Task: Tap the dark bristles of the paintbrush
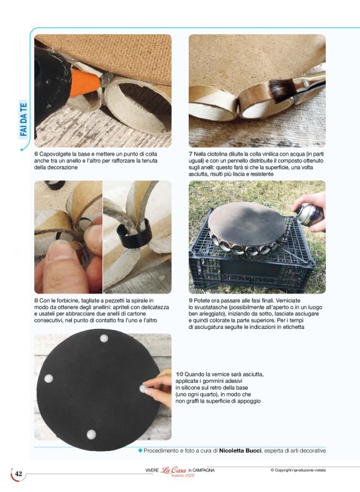pos(281,89)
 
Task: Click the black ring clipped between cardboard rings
pos(134,236)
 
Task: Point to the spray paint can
pos(309,214)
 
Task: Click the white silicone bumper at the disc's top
pos(104,338)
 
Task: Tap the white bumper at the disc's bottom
pos(91,434)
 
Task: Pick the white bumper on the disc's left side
pos(48,378)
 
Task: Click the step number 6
pos(36,154)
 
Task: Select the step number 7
pos(191,154)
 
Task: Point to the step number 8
pos(36,300)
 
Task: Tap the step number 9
pos(191,300)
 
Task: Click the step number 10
pos(179,374)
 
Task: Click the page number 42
pos(19,473)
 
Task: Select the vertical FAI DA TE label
pos(24,120)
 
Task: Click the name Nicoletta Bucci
pos(240,450)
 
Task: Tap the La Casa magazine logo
pos(174,470)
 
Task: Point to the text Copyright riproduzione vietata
pos(298,470)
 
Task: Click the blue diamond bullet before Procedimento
pos(140,450)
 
